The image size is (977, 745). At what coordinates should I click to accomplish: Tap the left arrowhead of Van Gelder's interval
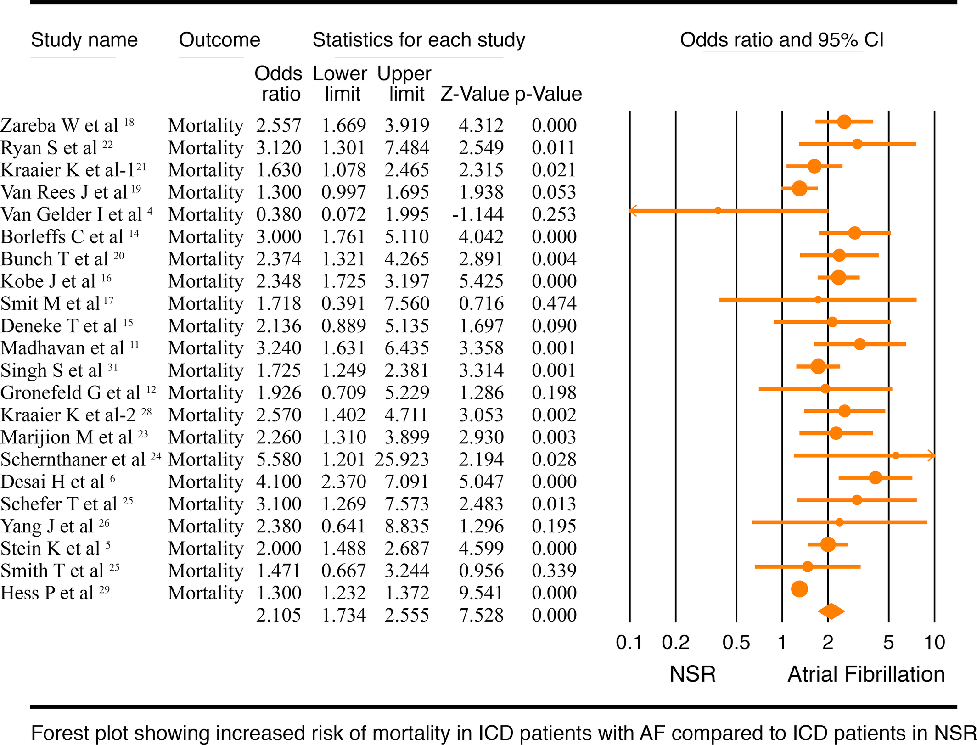633,211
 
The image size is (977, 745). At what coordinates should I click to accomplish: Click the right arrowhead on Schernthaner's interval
932,455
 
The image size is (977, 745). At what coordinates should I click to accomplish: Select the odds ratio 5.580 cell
279,459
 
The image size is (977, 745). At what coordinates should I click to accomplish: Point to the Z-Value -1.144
477,214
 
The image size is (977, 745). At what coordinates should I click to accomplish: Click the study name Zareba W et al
60,125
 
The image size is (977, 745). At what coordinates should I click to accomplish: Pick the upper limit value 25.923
402,459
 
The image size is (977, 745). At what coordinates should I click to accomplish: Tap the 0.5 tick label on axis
736,642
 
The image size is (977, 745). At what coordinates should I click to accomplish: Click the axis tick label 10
934,642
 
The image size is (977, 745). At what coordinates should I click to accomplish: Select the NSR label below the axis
692,674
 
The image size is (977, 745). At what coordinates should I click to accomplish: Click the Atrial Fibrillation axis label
866,674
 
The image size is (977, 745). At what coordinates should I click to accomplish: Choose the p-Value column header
548,94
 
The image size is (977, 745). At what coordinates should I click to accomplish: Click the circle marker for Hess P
799,589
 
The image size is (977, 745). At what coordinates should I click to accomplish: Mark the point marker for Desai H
875,477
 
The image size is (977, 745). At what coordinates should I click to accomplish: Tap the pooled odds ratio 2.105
279,615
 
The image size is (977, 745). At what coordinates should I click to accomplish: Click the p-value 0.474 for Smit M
554,303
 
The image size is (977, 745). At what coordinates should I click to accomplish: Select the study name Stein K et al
51,548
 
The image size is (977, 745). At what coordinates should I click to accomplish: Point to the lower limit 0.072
343,214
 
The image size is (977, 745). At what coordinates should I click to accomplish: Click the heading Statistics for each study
418,40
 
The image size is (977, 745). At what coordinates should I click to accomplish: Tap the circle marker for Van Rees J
799,188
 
